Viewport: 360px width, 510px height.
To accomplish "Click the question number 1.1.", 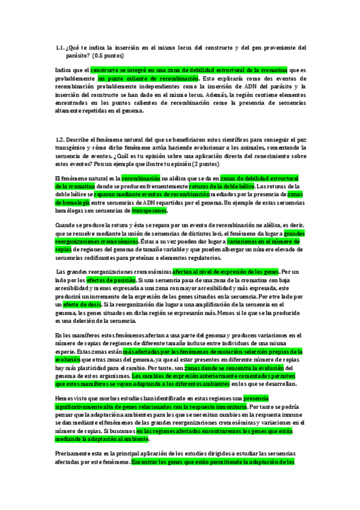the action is [x=59, y=48].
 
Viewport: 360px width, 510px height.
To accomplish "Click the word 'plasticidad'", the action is [x=90, y=367].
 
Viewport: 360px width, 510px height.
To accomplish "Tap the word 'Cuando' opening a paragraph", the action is [x=65, y=224].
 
